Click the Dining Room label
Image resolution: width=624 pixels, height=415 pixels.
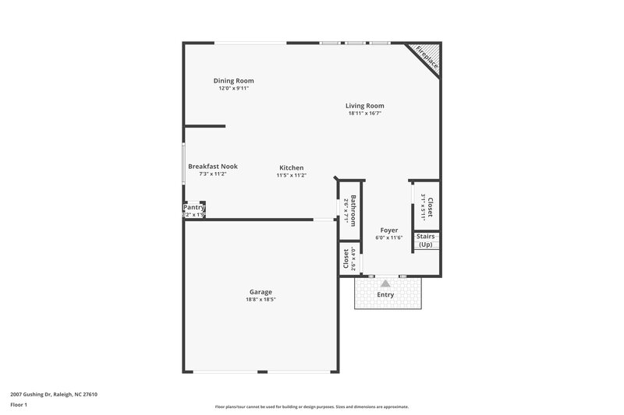point(234,80)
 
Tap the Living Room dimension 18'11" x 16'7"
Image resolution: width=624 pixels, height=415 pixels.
point(365,114)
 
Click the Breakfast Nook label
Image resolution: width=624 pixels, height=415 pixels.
point(212,166)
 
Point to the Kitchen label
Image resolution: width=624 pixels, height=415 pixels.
point(292,167)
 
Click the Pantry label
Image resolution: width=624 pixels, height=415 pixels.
point(193,208)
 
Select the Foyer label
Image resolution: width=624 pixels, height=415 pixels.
point(388,230)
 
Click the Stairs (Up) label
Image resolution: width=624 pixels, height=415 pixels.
point(425,240)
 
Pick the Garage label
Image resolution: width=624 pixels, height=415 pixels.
point(261,292)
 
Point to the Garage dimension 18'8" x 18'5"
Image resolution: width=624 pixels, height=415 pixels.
point(261,300)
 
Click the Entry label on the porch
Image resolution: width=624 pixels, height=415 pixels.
point(385,295)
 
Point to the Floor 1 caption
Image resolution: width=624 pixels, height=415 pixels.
point(20,405)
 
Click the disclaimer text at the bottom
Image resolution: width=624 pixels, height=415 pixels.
point(311,406)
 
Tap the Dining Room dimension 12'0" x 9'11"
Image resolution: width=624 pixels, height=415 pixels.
point(234,88)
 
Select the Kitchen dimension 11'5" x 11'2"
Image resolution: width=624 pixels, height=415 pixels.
point(292,175)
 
